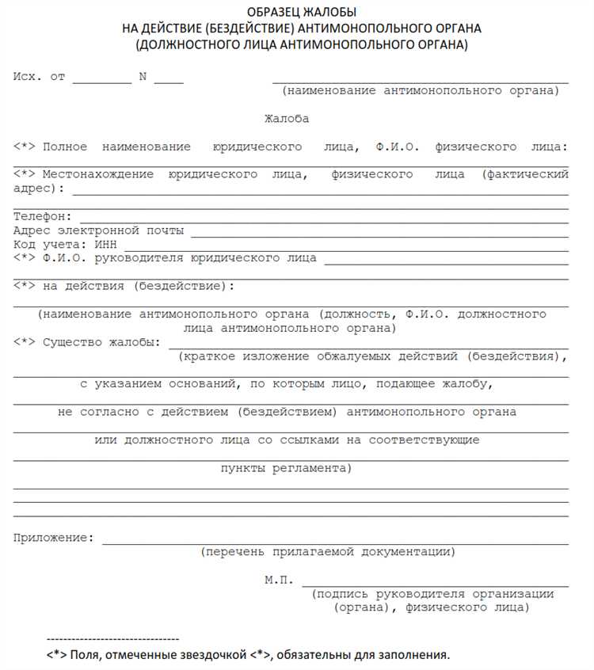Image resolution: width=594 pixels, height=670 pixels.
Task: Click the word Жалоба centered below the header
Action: click(x=287, y=119)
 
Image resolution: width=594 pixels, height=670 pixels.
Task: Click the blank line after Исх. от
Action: click(x=102, y=82)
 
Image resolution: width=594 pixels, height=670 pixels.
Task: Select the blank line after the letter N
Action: click(x=169, y=82)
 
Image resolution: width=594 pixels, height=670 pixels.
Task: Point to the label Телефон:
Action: click(x=43, y=216)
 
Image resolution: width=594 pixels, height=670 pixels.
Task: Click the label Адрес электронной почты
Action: click(x=99, y=230)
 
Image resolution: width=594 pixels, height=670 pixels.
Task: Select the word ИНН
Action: click(x=105, y=245)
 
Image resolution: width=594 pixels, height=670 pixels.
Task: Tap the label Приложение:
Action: click(x=53, y=538)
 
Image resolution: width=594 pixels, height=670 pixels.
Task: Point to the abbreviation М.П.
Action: click(x=279, y=580)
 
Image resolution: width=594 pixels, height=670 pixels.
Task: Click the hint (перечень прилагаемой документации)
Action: click(x=327, y=551)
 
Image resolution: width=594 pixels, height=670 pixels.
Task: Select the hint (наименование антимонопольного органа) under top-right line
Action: click(x=421, y=91)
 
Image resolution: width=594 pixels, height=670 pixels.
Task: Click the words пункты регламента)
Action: click(x=286, y=468)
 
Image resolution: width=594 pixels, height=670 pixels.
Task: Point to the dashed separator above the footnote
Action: click(x=113, y=639)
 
